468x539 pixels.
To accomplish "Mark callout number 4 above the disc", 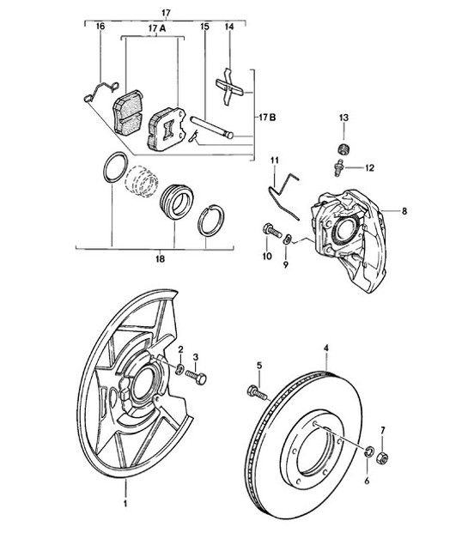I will click(326, 348).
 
